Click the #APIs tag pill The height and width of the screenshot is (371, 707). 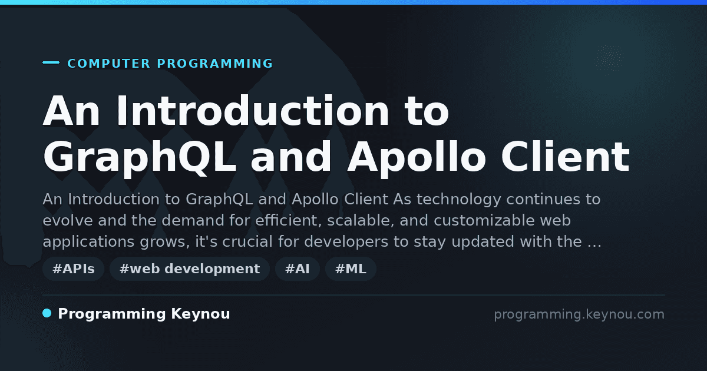pyautogui.click(x=73, y=269)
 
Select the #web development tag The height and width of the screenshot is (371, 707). pyautogui.click(x=190, y=269)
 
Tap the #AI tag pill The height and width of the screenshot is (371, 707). pyautogui.click(x=298, y=269)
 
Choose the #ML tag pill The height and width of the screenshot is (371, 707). pyautogui.click(x=351, y=269)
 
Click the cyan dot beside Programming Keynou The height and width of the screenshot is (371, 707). pyautogui.click(x=47, y=313)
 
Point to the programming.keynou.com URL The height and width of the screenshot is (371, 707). pyautogui.click(x=579, y=314)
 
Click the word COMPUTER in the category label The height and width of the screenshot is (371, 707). pyautogui.click(x=109, y=64)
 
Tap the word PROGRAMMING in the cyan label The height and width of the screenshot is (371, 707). pyautogui.click(x=215, y=64)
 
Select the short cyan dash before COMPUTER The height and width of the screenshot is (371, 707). pyautogui.click(x=51, y=62)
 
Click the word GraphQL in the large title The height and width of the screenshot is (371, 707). pyautogui.click(x=140, y=157)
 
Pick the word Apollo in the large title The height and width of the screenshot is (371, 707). pyautogui.click(x=417, y=157)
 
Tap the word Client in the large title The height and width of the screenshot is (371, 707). pyautogui.click(x=565, y=157)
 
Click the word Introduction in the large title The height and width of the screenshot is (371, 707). pyautogui.click(x=253, y=111)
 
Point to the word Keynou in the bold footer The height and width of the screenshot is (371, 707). pyautogui.click(x=200, y=314)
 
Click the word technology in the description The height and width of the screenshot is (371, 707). pyautogui.click(x=459, y=200)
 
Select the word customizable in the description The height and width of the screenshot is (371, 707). pyautogui.click(x=484, y=220)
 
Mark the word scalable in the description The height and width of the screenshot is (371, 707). pyautogui.click(x=361, y=220)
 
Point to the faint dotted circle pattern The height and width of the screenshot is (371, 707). pyautogui.click(x=609, y=59)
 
